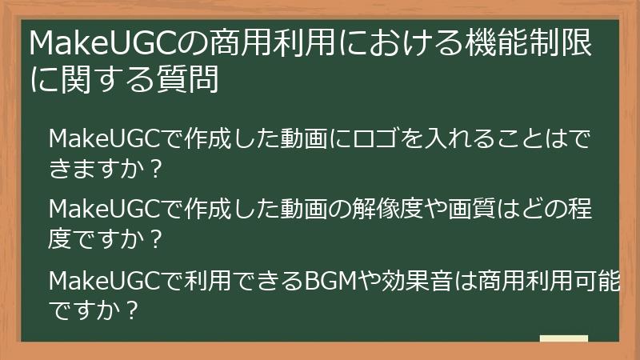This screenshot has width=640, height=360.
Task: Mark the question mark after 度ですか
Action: tap(158, 239)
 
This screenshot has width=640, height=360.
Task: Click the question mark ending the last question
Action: tap(134, 310)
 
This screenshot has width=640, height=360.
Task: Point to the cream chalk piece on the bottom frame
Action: tap(563, 339)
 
